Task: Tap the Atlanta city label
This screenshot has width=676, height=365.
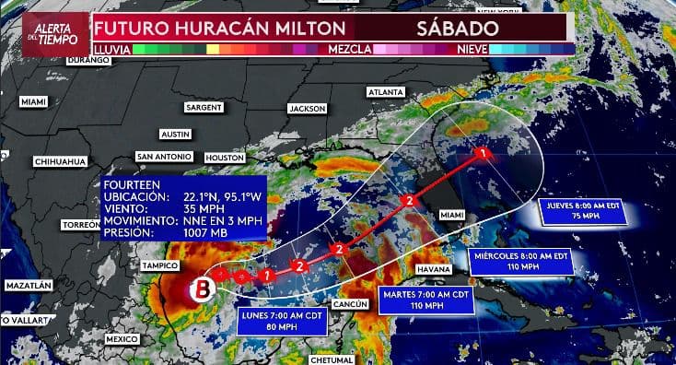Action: pyautogui.click(x=385, y=93)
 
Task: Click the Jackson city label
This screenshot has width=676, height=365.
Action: pyautogui.click(x=307, y=109)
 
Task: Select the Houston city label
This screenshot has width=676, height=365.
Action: pyautogui.click(x=225, y=158)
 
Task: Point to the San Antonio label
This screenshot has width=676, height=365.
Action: pyautogui.click(x=164, y=156)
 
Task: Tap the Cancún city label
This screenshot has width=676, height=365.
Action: pyautogui.click(x=350, y=304)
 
